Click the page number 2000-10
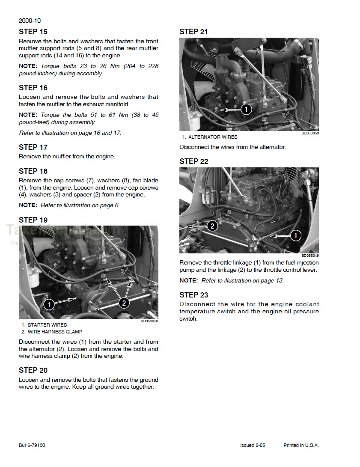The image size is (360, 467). coord(30,21)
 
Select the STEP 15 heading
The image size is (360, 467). coord(33,32)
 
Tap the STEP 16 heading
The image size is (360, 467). coord(33,88)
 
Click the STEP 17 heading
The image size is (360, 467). coord(33,147)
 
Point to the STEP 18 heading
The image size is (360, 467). coord(33,171)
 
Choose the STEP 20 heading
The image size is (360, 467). coord(33,370)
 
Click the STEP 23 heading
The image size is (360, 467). coord(193,295)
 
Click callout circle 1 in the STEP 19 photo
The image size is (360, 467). coord(49,304)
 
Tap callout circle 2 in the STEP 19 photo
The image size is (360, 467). coord(123,303)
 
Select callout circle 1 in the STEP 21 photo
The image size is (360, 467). coord(246,109)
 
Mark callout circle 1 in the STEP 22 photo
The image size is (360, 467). coord(295,235)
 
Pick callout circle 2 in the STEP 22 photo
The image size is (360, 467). coord(212,226)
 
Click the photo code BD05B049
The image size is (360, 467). coord(310,256)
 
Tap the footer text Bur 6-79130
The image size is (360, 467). coord(32,445)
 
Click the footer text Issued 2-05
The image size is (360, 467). coord(253,445)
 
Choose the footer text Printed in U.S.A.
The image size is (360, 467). coord(301,445)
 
